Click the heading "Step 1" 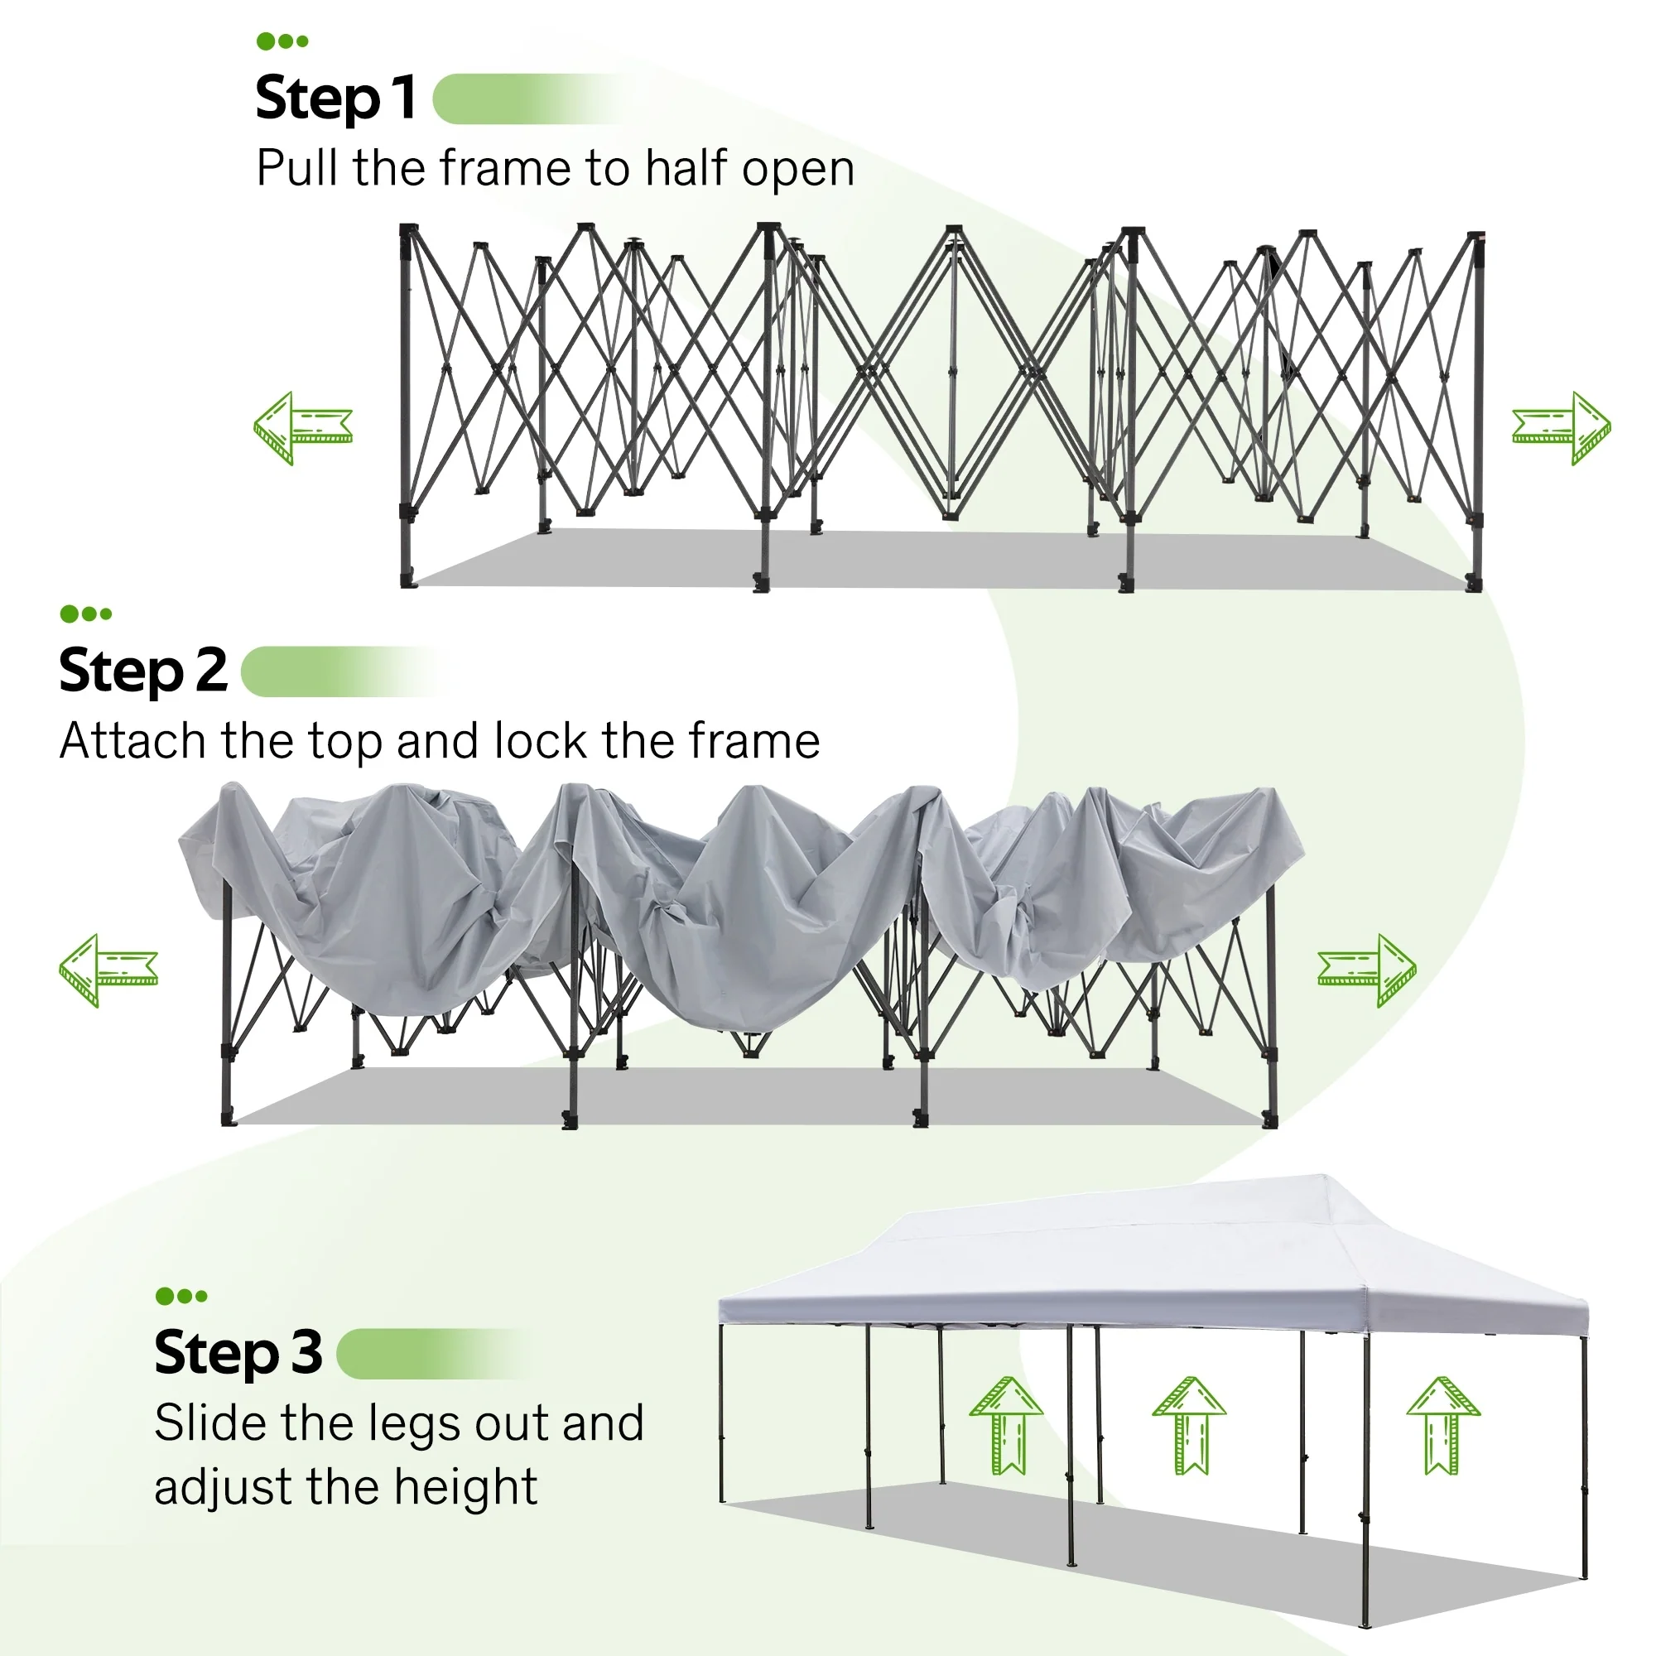[x=336, y=98]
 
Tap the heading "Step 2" [x=143, y=671]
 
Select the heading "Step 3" [x=238, y=1353]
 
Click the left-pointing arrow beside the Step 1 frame [x=302, y=428]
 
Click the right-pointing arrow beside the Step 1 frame [x=1561, y=428]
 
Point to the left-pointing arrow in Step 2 [x=108, y=970]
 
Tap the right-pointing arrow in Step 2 [x=1366, y=970]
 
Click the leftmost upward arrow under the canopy [x=1006, y=1424]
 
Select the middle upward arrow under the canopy [x=1189, y=1424]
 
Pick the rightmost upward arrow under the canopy [x=1443, y=1424]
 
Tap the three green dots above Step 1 [x=282, y=41]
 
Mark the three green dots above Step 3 [x=181, y=1296]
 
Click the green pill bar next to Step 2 [x=339, y=672]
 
